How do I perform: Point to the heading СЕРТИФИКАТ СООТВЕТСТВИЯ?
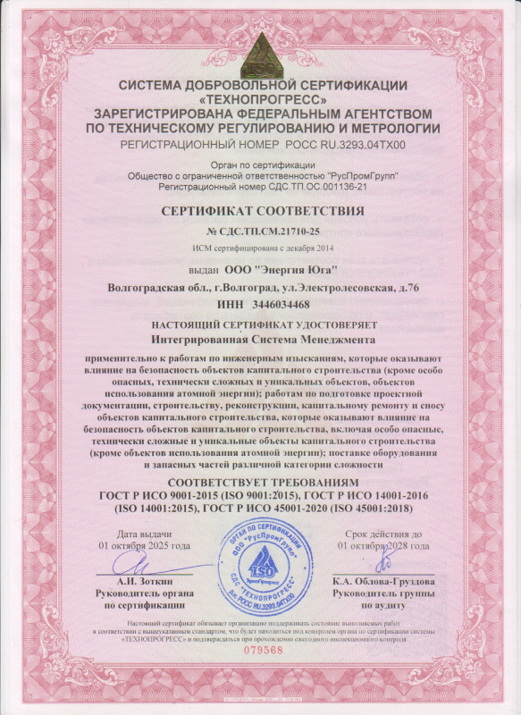click(260, 211)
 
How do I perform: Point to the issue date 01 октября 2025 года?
click(145, 544)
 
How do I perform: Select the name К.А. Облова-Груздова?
click(382, 582)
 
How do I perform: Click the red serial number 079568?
click(261, 651)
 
